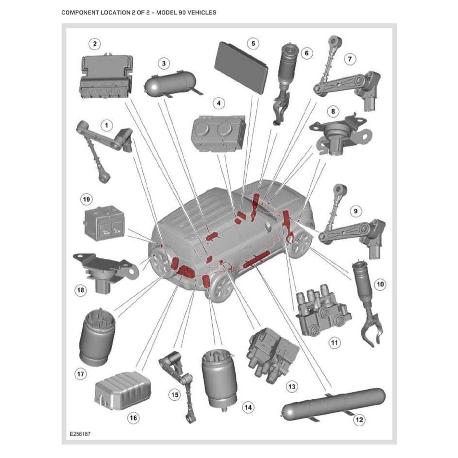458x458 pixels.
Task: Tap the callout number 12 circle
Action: (x=359, y=420)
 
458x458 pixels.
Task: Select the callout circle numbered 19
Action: (x=87, y=199)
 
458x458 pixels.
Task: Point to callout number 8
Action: (x=332, y=111)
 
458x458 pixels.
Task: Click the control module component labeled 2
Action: (x=105, y=76)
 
